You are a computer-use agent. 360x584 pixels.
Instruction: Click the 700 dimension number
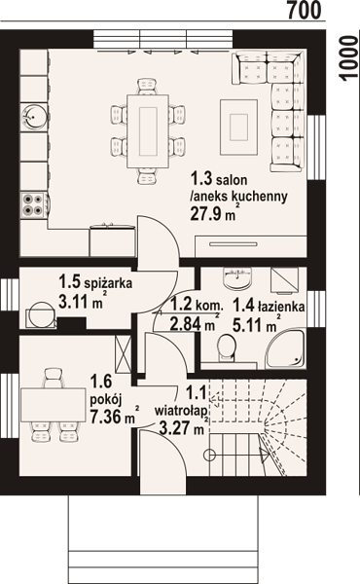(x=304, y=11)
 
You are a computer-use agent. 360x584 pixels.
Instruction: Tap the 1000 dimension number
(x=349, y=57)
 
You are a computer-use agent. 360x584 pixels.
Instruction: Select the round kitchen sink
(x=33, y=117)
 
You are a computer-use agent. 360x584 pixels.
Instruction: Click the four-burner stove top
(x=33, y=204)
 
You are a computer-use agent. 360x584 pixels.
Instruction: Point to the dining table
(x=148, y=131)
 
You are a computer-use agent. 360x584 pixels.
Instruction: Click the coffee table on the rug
(x=238, y=127)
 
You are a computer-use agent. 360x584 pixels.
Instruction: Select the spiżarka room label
(x=108, y=284)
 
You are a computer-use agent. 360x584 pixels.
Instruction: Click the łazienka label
(x=279, y=307)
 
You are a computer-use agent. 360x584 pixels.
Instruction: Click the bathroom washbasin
(x=236, y=278)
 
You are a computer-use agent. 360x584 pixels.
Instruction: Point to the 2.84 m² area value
(x=194, y=324)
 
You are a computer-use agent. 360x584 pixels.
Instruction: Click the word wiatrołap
(x=181, y=411)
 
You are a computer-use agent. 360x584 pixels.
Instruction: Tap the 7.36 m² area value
(x=115, y=416)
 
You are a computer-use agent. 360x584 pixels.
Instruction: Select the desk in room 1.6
(x=54, y=405)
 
